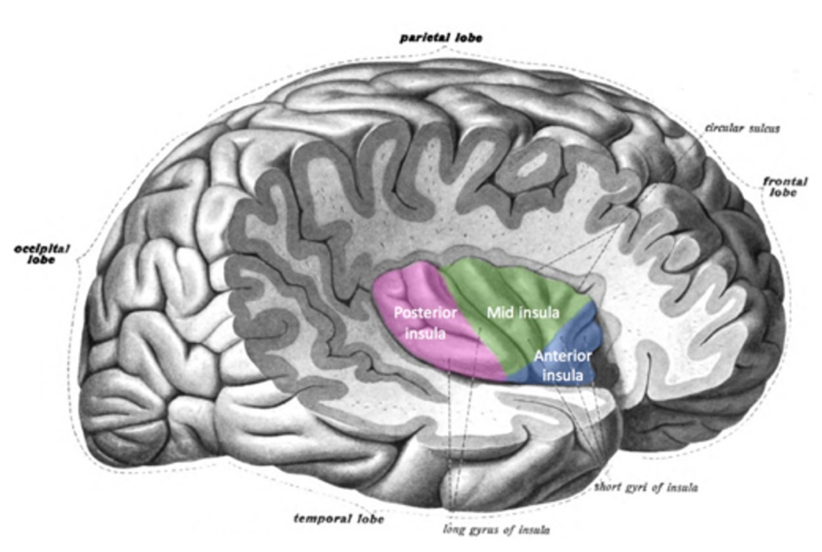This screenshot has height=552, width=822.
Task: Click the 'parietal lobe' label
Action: point(441,38)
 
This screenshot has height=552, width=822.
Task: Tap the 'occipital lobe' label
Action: point(41,254)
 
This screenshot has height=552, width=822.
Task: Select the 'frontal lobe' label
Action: point(784,187)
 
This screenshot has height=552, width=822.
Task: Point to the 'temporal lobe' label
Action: point(339,518)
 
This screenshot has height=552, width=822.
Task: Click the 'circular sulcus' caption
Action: point(742,128)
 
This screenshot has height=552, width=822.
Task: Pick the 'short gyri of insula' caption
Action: point(646,487)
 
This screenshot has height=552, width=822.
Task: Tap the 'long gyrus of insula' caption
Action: point(497,529)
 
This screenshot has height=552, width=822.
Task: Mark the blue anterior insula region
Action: point(561,361)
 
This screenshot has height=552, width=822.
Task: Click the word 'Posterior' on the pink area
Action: point(425,314)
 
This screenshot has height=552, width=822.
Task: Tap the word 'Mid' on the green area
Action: point(498,313)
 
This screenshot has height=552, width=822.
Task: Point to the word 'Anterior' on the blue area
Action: point(562,356)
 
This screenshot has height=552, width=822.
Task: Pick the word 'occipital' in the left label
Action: point(41,249)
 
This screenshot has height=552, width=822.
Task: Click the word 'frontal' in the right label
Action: point(784,182)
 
